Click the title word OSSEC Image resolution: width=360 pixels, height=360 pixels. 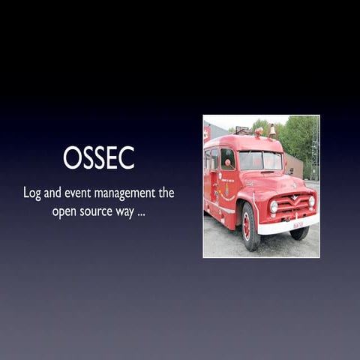click(98, 157)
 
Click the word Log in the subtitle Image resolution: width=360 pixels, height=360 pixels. click(31, 193)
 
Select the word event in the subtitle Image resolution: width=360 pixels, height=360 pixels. click(76, 193)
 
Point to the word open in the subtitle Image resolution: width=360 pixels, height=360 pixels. click(66, 211)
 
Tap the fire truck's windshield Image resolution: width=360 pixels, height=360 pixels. click(259, 160)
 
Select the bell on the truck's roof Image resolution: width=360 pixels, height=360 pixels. click(271, 130)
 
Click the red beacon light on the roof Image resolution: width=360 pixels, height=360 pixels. click(259, 132)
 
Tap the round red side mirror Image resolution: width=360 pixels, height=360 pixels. click(228, 163)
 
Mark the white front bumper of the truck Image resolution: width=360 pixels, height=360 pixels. click(289, 223)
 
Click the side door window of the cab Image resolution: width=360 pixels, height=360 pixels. click(227, 158)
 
